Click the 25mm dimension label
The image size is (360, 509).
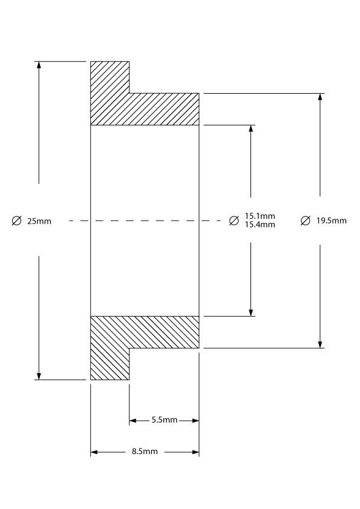coord(39,221)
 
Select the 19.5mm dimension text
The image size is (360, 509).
coord(332,221)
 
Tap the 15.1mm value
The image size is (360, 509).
coord(260,216)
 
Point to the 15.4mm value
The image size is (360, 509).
coord(260,225)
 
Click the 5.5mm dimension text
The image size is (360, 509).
coord(165,420)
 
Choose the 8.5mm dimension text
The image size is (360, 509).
coord(145,452)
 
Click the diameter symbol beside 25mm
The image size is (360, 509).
coord(16,221)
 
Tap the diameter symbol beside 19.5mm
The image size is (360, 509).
coord(306,221)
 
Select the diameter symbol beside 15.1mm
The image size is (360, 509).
coord(234,221)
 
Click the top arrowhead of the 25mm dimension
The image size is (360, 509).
coord(39,65)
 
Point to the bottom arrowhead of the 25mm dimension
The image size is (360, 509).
coord(39,377)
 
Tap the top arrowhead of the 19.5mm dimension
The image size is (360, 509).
coord(320,97)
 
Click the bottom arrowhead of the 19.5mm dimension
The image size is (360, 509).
coord(320,345)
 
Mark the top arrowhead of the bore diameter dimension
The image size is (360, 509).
coord(251,129)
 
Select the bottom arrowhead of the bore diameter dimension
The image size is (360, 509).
coord(251,313)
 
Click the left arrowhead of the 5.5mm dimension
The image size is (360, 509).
coord(133,421)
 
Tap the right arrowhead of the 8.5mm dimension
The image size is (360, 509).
coord(195,452)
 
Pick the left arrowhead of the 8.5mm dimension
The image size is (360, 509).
coord(94,452)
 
